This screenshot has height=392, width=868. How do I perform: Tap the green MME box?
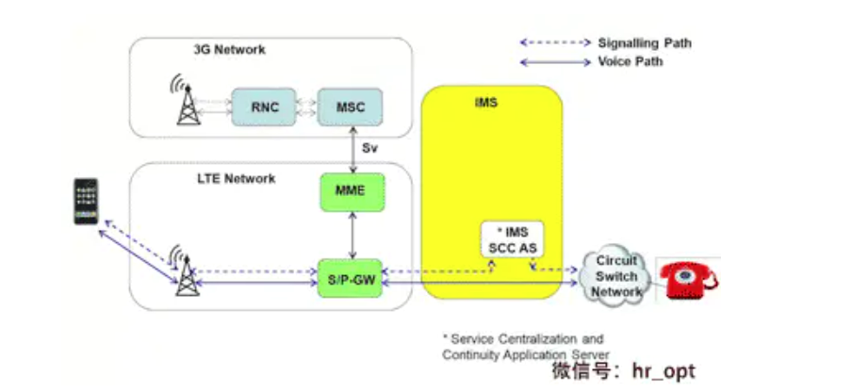[351, 192]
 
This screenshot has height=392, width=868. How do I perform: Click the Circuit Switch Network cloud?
[615, 276]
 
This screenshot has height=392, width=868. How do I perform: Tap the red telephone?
[687, 278]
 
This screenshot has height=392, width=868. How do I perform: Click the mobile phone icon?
[87, 201]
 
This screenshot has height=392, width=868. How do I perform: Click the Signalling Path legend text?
[645, 42]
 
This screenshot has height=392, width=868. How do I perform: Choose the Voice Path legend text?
[631, 61]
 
